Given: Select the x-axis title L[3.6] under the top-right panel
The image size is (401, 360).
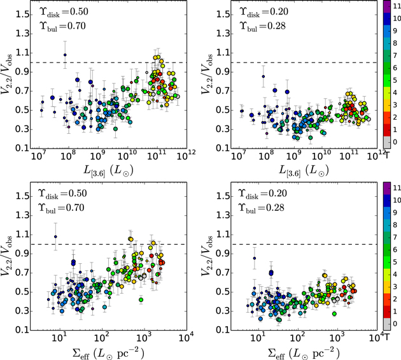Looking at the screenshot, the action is (304, 171).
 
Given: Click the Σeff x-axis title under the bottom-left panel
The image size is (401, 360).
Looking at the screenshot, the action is (108, 353).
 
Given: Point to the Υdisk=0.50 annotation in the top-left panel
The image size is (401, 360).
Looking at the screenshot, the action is (64, 12).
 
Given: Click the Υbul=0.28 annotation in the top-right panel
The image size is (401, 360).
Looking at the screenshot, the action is (262, 27).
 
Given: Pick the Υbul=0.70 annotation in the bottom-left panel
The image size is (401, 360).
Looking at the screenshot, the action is (61, 208).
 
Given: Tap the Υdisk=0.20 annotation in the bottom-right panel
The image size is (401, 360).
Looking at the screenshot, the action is (262, 194).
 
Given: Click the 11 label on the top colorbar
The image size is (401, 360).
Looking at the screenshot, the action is (397, 6).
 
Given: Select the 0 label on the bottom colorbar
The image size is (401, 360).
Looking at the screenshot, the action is (395, 324).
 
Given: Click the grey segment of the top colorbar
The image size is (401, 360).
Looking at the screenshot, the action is (387, 142).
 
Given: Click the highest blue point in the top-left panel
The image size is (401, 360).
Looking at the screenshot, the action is (65, 55).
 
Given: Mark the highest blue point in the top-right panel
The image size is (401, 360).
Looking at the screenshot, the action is (263, 76).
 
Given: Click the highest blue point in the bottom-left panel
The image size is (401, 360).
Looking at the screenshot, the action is (55, 236).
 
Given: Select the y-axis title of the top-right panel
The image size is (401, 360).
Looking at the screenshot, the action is (206, 75).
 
